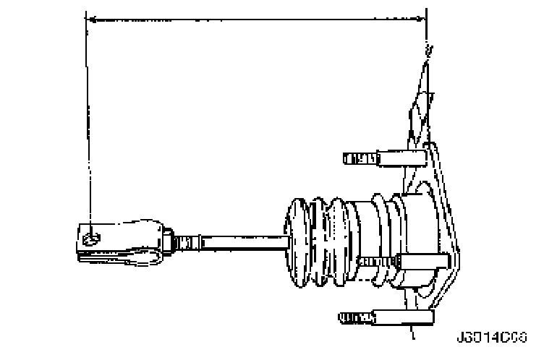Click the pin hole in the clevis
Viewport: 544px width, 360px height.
[x=89, y=236]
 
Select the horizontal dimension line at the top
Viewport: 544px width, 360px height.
[x=253, y=20]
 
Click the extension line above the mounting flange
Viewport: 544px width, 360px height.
[x=427, y=36]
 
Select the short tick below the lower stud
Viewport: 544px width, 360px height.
[x=412, y=333]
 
